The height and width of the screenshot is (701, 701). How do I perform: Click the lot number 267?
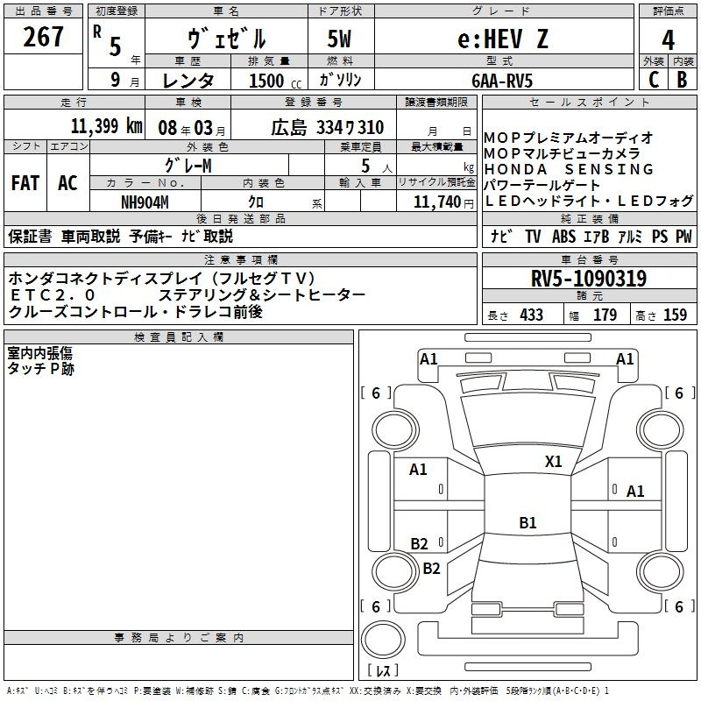(x=44, y=37)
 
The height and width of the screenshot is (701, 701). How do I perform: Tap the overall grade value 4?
(x=668, y=40)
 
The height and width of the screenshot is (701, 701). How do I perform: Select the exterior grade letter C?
(x=653, y=79)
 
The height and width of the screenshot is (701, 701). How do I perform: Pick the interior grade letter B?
(x=683, y=79)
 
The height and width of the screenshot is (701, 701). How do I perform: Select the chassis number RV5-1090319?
(x=589, y=279)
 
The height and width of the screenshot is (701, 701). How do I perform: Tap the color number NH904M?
(x=145, y=201)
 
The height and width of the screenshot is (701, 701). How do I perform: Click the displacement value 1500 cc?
(x=268, y=81)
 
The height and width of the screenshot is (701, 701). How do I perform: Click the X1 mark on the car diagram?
(x=554, y=461)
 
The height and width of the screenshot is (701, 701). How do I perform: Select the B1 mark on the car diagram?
(x=528, y=523)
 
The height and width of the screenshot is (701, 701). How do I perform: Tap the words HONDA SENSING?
(x=569, y=169)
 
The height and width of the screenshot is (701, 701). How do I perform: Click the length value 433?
(x=531, y=315)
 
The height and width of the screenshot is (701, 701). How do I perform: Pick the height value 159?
(x=675, y=315)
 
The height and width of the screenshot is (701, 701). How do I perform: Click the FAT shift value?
(x=25, y=183)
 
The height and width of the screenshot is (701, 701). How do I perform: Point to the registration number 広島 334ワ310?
(x=327, y=128)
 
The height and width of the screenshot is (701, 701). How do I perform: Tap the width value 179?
(x=605, y=315)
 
